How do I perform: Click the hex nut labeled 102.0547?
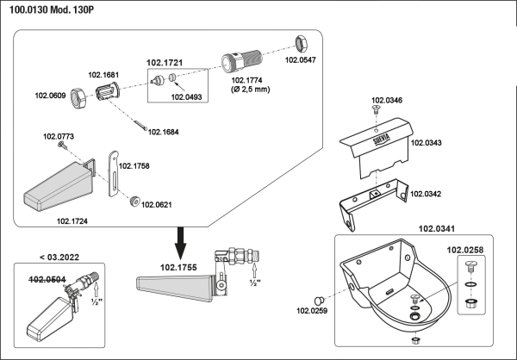click(x=301, y=44)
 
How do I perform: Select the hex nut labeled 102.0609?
click(x=78, y=98)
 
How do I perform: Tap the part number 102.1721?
click(x=165, y=63)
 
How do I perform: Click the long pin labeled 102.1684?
click(x=140, y=125)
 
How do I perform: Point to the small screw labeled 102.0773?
click(x=62, y=145)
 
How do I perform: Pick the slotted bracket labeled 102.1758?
click(x=113, y=173)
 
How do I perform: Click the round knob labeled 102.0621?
click(x=135, y=202)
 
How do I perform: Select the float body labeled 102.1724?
click(x=59, y=185)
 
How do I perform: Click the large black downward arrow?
click(x=180, y=243)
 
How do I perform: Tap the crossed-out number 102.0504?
click(x=47, y=280)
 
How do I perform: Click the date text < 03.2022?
click(x=59, y=258)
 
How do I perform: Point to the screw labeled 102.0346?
click(x=376, y=109)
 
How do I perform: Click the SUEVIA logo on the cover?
click(x=382, y=140)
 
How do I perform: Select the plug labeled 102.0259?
click(x=319, y=301)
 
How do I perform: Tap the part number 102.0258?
click(x=465, y=251)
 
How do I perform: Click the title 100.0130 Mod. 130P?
click(x=52, y=9)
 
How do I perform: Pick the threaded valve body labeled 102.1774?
click(x=241, y=60)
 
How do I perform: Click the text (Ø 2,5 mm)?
click(x=250, y=90)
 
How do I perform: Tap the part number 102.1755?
click(x=178, y=267)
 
